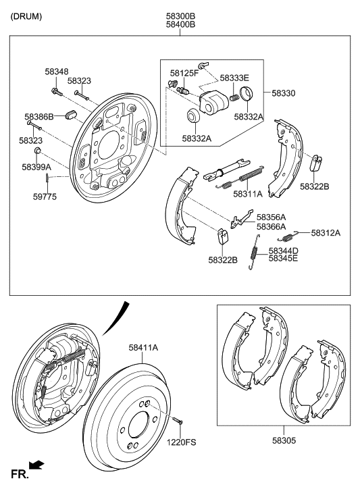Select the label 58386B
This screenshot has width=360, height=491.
[x=39, y=117]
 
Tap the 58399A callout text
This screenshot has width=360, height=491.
[x=36, y=166]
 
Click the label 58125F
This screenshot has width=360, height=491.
[x=184, y=72]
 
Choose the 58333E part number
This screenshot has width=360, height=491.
[x=234, y=78]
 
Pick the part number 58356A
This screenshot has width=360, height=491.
[x=271, y=217]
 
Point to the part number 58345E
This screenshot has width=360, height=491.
[x=283, y=258]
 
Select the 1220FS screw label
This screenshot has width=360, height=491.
[x=182, y=442]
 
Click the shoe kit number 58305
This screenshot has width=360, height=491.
[x=283, y=438]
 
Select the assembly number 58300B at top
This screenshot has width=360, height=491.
[x=180, y=15]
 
